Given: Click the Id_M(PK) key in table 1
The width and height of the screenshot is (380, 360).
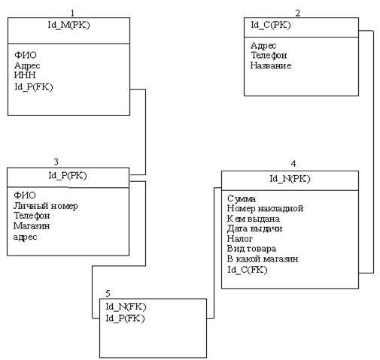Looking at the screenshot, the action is [68, 25].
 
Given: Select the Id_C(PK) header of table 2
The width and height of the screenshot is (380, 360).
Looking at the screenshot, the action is [271, 25].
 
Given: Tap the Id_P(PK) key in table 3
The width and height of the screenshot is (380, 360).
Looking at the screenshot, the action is [68, 176].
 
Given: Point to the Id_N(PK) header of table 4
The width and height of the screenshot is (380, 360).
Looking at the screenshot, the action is [290, 179].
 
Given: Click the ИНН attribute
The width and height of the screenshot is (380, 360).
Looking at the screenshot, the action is [25, 75].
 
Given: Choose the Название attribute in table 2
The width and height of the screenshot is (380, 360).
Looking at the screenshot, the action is [271, 65].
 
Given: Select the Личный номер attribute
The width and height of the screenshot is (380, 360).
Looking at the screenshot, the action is [46, 206].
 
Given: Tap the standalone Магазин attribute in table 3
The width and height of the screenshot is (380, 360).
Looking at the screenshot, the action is [32, 226].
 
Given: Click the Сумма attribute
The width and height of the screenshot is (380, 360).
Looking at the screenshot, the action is [242, 198].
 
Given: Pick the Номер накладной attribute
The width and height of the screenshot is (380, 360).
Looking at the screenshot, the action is [266, 208].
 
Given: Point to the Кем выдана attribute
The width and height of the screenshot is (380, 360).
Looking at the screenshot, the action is [254, 219].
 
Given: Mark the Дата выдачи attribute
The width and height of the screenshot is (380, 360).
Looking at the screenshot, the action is [254, 228].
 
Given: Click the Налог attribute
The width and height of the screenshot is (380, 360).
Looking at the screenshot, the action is [240, 239].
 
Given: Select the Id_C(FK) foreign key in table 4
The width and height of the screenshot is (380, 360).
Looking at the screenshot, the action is [248, 270].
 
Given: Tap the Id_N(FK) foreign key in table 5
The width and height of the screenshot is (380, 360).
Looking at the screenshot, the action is [126, 307].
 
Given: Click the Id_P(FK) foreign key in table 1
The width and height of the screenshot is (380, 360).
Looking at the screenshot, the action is [34, 87].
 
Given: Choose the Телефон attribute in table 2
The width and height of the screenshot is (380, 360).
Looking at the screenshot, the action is [269, 55].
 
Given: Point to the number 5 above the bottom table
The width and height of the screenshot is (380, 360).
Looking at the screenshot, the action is [108, 293].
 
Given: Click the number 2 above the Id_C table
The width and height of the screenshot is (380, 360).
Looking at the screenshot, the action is [298, 13].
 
